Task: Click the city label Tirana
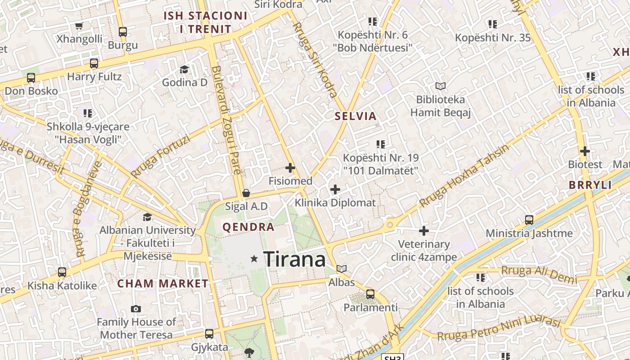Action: [294, 259]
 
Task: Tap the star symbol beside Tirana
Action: [254, 259]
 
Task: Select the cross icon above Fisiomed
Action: [290, 168]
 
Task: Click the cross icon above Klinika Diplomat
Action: [335, 189]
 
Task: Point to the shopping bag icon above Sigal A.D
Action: [246, 193]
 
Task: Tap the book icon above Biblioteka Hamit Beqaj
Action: [440, 86]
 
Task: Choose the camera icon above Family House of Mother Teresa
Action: [136, 309]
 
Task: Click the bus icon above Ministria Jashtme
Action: [529, 220]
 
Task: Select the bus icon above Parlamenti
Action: [370, 294]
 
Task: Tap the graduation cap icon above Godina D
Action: [184, 69]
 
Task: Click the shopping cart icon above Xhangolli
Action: [79, 26]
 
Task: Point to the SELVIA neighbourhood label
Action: [355, 116]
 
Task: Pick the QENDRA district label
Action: [248, 227]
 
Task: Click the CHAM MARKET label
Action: [163, 283]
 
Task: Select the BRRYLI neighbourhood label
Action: [590, 185]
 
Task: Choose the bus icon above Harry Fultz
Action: [94, 63]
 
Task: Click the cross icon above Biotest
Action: [585, 151]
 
